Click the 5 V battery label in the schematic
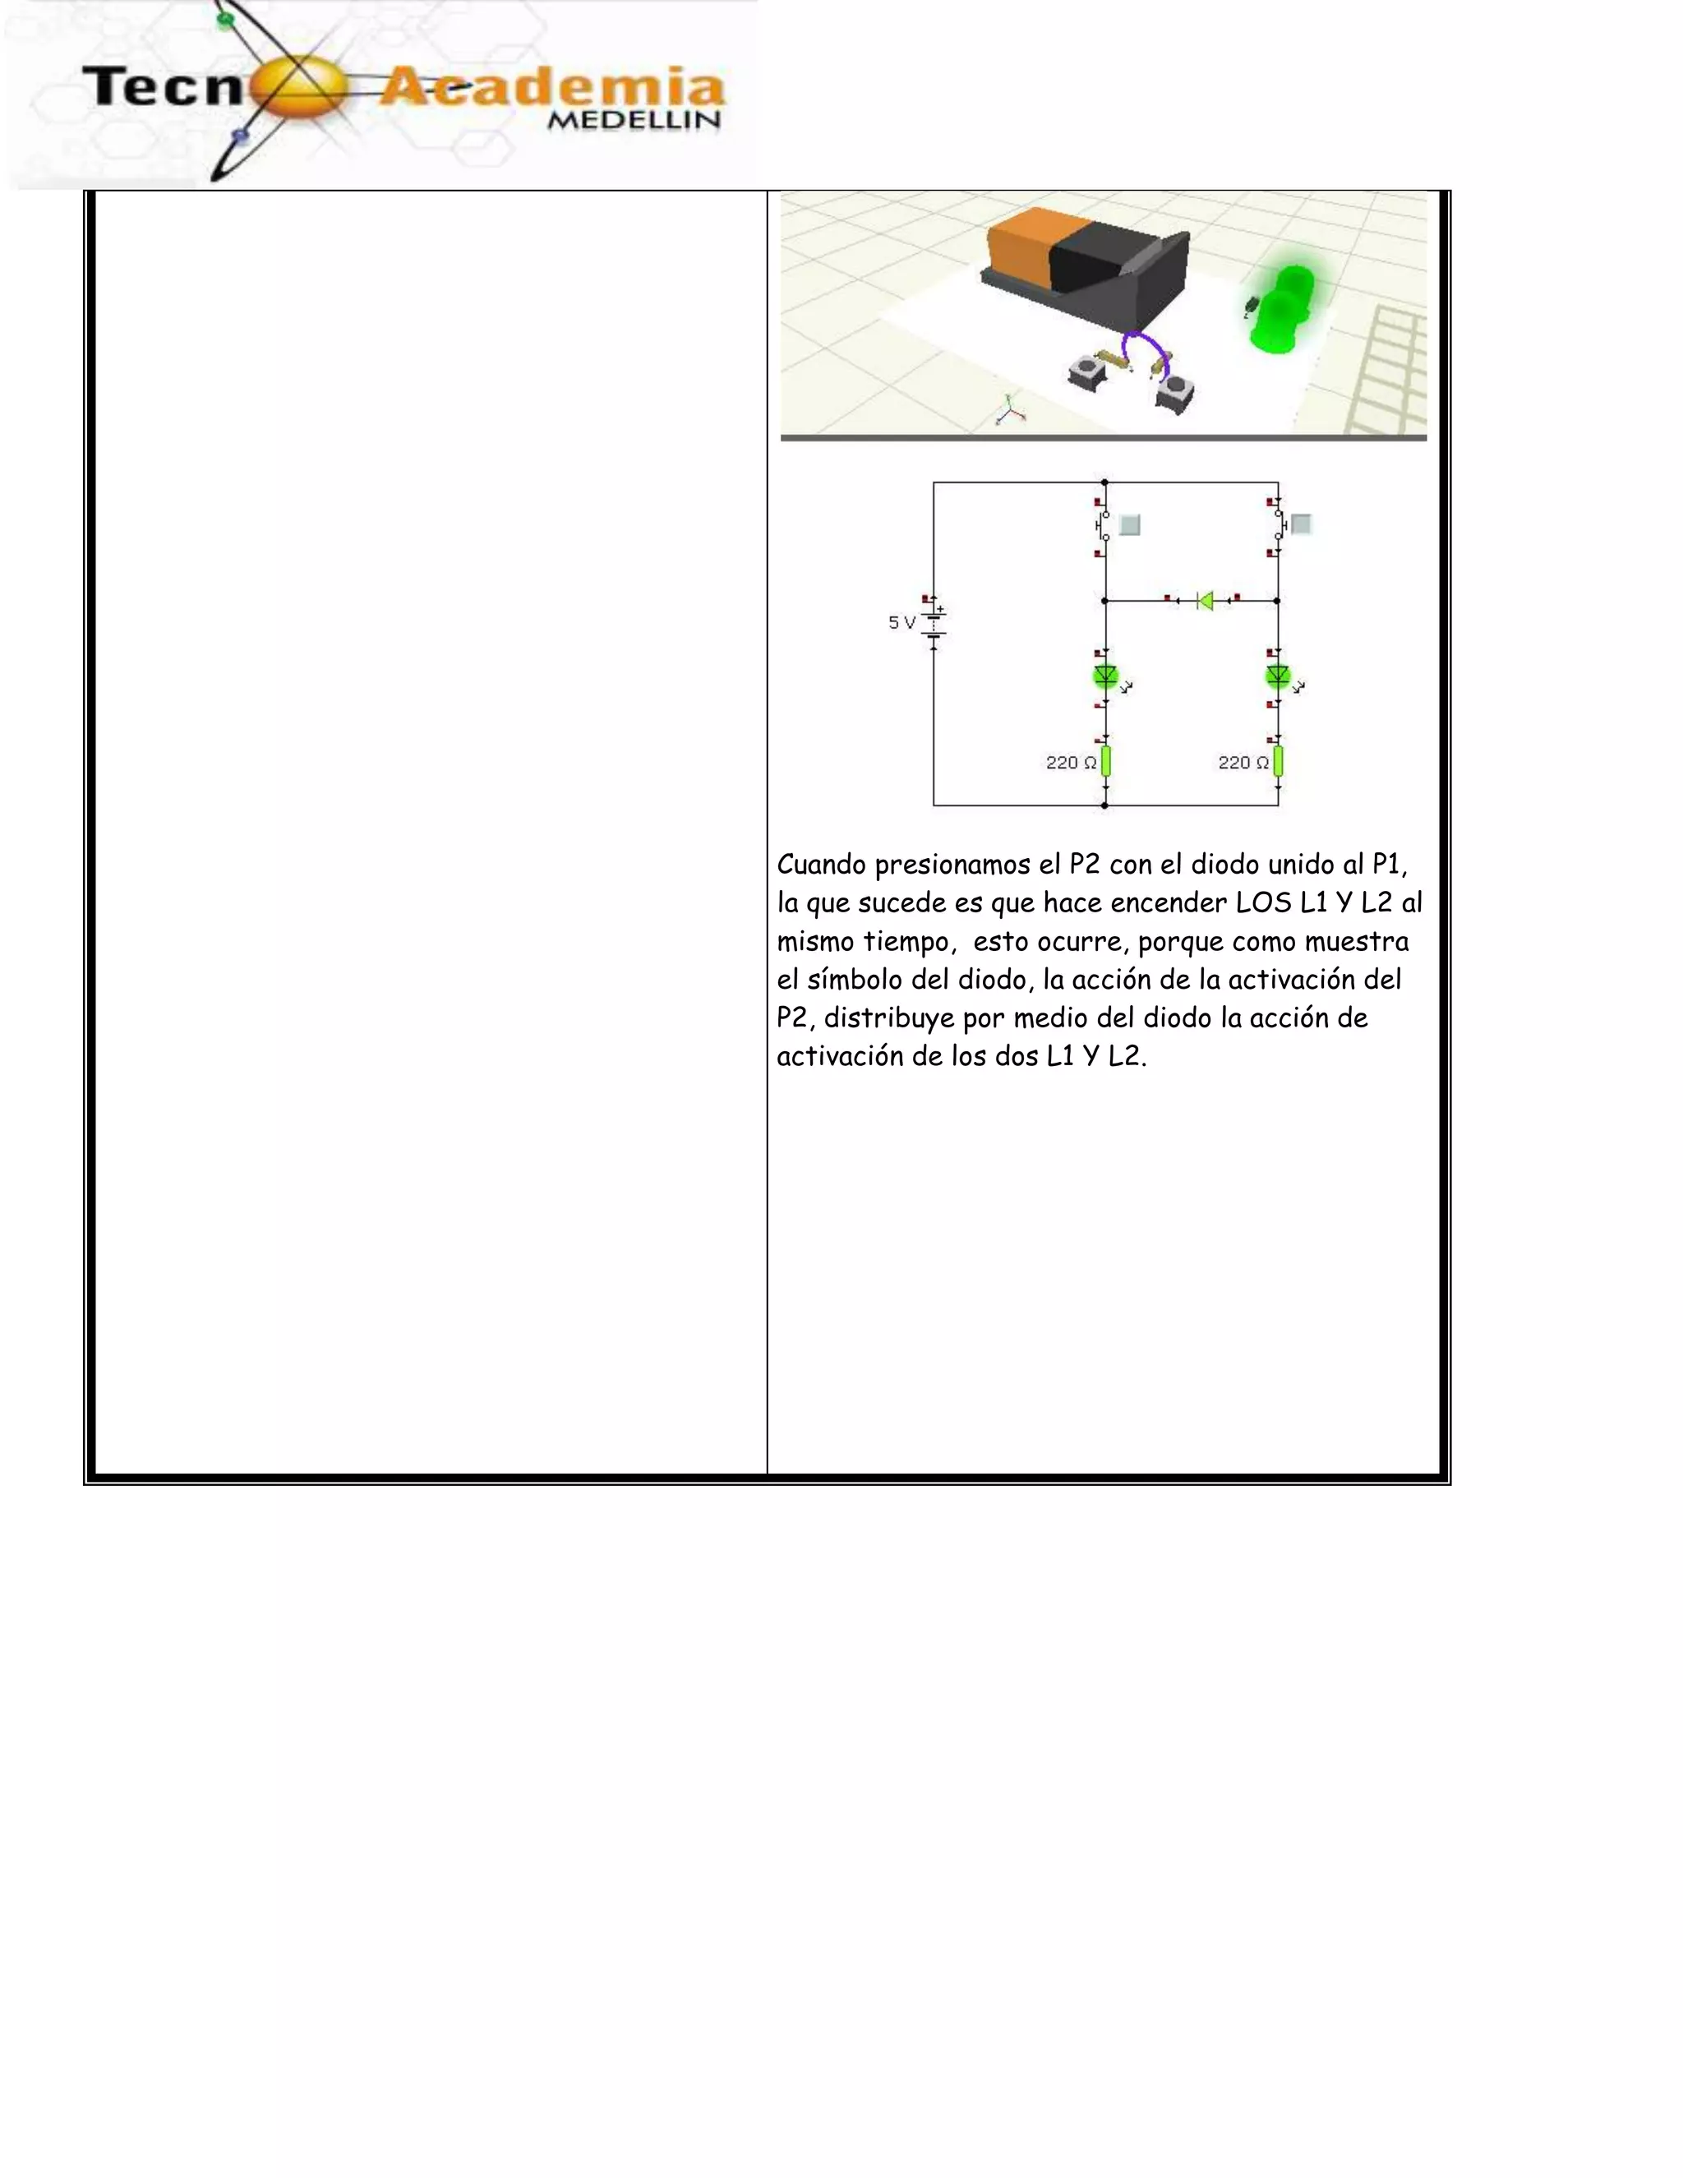(901, 622)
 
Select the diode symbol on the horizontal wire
(1205, 600)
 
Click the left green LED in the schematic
(1104, 676)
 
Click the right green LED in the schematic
(1277, 676)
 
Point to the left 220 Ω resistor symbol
(1106, 762)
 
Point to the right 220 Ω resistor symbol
(1278, 762)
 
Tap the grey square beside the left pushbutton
(1130, 524)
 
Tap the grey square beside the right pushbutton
(1301, 524)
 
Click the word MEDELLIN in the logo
(634, 121)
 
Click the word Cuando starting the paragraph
(821, 865)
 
